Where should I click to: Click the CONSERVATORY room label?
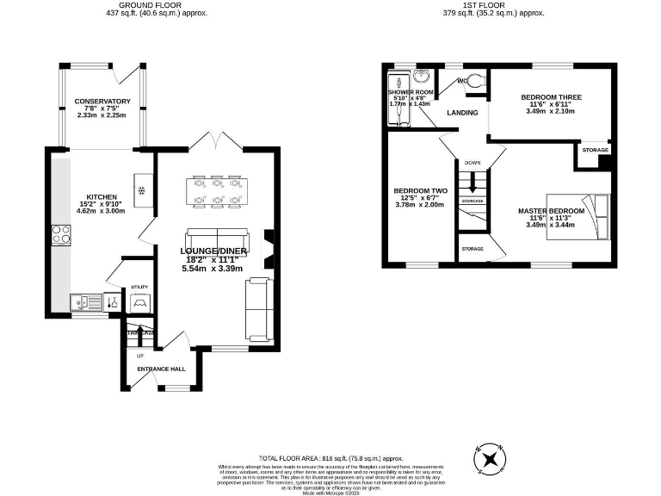(102, 102)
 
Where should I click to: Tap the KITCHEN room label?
(101, 196)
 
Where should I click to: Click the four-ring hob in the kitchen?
(61, 234)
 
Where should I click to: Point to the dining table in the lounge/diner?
(216, 190)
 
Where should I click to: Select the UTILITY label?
(139, 287)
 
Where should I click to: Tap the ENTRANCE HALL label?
(161, 369)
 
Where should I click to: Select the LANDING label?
(462, 113)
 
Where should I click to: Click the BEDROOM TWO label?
(421, 190)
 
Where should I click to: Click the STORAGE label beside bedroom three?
(595, 150)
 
